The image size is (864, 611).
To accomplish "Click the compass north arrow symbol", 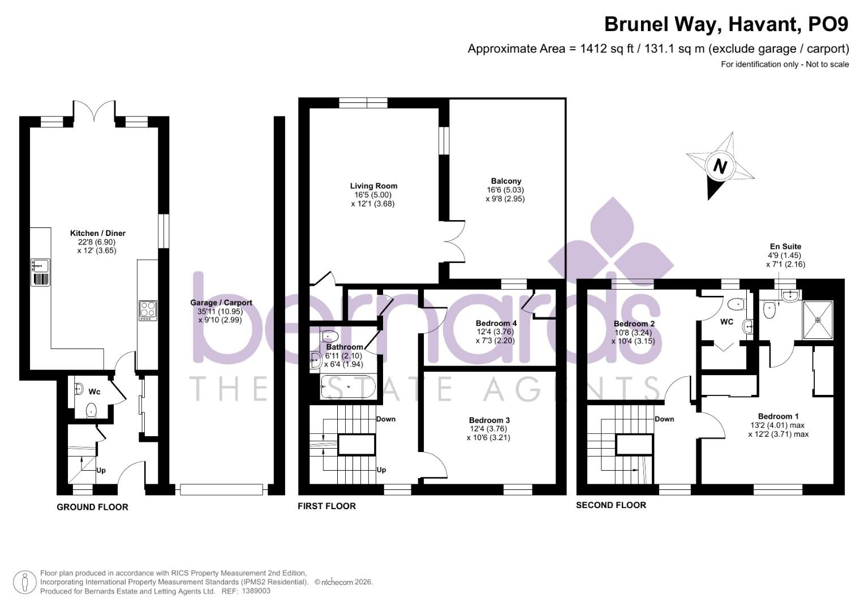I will (x=720, y=166).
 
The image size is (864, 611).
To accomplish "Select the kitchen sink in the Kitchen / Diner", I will (x=40, y=265).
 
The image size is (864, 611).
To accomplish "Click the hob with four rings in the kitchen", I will (x=148, y=310).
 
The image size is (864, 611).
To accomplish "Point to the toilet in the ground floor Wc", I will (x=91, y=410).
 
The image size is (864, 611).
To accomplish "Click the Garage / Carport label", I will (x=221, y=303).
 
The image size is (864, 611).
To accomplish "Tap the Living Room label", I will (x=373, y=186).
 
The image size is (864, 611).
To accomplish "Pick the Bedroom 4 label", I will (x=496, y=324).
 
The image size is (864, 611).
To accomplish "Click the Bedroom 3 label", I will (x=489, y=420).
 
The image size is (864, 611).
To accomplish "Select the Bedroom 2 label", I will (x=634, y=324).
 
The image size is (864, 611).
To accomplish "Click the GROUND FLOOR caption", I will (x=92, y=507).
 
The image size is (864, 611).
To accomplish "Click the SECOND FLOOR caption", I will (x=611, y=505).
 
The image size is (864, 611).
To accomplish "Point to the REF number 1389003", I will (x=256, y=591).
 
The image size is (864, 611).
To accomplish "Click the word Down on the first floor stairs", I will (x=386, y=419).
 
